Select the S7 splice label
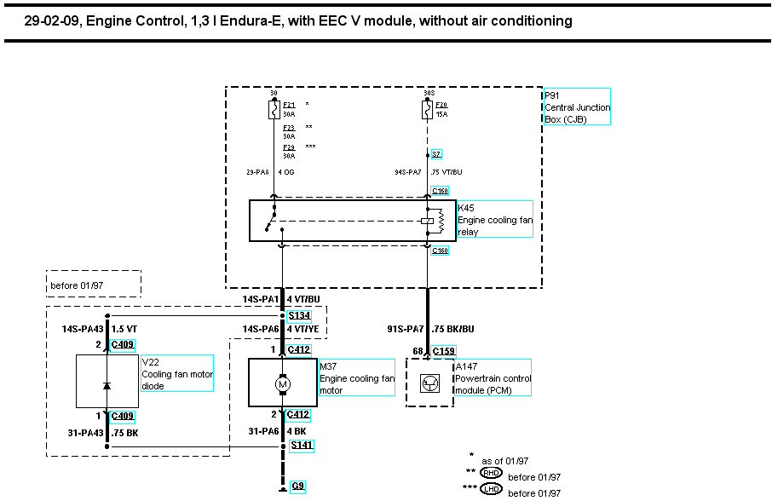[436, 154]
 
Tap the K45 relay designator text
[466, 207]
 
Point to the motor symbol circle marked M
[282, 384]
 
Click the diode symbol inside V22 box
[107, 385]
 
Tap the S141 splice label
[300, 445]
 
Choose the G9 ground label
[297, 487]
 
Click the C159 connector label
[443, 350]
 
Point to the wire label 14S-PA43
[81, 328]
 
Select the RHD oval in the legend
[492, 473]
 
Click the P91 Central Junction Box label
[577, 107]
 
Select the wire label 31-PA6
[258, 431]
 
